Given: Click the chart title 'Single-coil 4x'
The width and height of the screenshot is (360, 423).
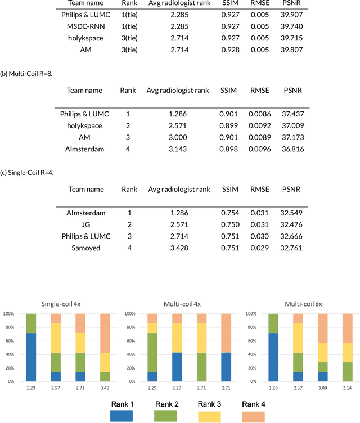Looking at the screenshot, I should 60,304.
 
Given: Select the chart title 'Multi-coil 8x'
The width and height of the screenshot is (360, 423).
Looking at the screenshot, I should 299,304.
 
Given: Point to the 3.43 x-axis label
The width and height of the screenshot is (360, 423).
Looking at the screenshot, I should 105,388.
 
